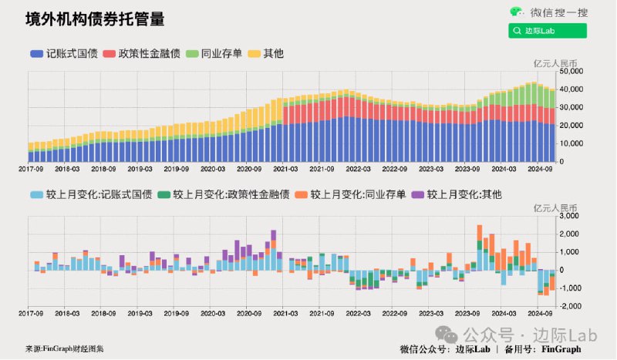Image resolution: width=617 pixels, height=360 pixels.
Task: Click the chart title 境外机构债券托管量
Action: click(94, 19)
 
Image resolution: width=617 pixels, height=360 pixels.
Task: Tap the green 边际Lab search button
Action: click(547, 31)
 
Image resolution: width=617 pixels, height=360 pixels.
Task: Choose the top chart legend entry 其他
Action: click(265, 53)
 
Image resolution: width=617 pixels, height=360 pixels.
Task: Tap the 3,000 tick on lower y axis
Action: click(571, 215)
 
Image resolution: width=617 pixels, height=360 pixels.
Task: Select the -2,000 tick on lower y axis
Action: click(570, 306)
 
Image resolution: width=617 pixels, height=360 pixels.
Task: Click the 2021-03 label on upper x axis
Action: click(285, 167)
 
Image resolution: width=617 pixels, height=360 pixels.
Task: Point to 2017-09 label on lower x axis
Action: click(31, 315)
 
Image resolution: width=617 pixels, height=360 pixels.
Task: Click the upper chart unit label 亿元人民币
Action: click(555, 62)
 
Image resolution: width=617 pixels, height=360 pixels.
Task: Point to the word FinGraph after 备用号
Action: click(561, 348)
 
